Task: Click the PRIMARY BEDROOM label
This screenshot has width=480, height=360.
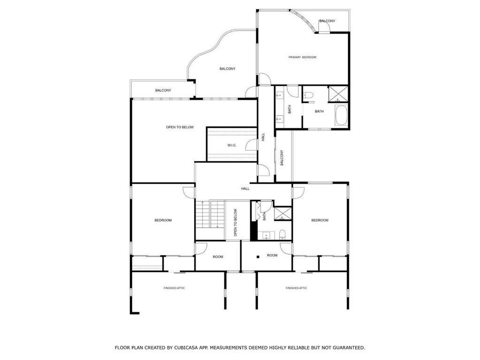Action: tap(302, 57)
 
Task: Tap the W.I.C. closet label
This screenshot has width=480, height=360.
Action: tap(232, 146)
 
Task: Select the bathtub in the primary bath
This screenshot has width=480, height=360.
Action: tap(341, 115)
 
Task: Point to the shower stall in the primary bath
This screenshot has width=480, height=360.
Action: tap(338, 94)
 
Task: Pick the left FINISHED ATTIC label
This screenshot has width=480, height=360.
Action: tap(174, 288)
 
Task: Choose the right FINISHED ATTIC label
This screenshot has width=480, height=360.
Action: tap(297, 288)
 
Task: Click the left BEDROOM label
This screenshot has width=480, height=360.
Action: tap(163, 221)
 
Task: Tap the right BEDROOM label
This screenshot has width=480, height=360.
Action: tap(320, 221)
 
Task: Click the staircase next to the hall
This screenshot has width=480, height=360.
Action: tap(210, 214)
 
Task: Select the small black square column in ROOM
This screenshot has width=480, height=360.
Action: tap(259, 257)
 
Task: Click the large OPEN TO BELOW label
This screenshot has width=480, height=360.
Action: tap(180, 127)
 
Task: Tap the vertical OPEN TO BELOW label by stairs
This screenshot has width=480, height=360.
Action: tap(236, 222)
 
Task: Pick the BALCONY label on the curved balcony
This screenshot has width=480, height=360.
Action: tap(228, 69)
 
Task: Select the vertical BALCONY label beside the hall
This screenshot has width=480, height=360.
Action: tap(282, 158)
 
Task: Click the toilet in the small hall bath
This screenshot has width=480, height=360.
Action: tap(282, 235)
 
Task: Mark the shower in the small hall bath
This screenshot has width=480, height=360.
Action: tap(283, 214)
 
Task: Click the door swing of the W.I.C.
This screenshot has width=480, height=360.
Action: tap(251, 145)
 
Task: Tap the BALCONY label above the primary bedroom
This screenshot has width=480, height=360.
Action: tap(327, 21)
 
